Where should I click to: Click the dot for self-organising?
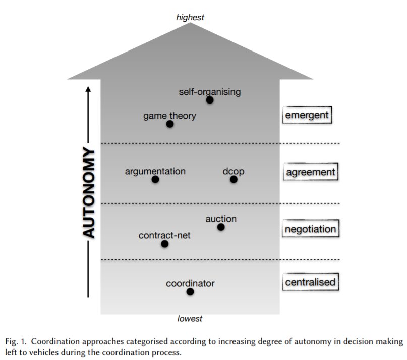click(x=210, y=100)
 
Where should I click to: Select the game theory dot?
click(x=170, y=124)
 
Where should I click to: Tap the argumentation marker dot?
click(x=155, y=179)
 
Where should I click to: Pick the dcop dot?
click(x=234, y=179)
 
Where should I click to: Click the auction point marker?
click(x=221, y=227)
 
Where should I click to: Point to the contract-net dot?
click(x=164, y=244)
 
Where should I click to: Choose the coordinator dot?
click(x=190, y=291)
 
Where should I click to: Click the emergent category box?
click(x=307, y=115)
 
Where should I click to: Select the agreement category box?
click(x=310, y=172)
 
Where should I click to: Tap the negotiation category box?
click(x=310, y=229)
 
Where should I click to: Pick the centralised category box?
click(x=310, y=282)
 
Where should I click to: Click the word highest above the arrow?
click(x=190, y=18)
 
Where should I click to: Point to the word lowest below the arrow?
click(x=190, y=319)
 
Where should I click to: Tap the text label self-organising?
click(x=210, y=92)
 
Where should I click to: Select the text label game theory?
click(x=169, y=116)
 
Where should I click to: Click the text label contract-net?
click(x=164, y=235)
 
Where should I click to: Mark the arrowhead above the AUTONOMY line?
click(x=88, y=90)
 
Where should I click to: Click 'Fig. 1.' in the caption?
click(x=16, y=342)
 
